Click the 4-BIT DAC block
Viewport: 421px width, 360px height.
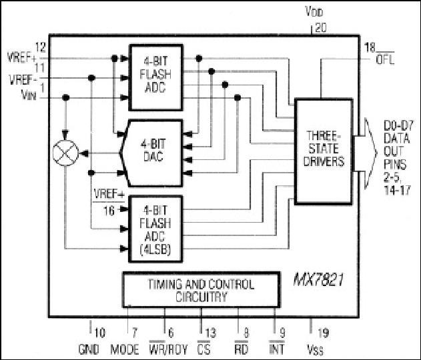pos(151,153)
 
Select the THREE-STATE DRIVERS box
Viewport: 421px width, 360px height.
pos(324,152)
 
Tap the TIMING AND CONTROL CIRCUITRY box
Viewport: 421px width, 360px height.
pos(201,290)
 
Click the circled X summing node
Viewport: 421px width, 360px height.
pos(65,153)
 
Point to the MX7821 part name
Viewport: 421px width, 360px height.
pos(319,280)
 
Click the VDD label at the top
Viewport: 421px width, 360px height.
pos(314,12)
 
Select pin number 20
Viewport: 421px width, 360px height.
pos(320,27)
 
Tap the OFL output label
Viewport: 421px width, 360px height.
pos(385,59)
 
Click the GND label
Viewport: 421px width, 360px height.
pos(89,349)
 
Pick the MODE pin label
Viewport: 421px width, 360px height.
pos(125,349)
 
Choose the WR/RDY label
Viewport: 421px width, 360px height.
pos(168,349)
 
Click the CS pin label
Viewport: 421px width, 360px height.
pos(204,349)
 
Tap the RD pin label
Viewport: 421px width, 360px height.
pos(241,349)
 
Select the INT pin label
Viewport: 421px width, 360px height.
pos(276,349)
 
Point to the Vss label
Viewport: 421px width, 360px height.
pos(315,349)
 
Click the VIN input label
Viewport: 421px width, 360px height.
pos(29,95)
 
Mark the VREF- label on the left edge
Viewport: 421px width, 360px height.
pos(23,80)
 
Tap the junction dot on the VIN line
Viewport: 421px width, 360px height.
pos(65,97)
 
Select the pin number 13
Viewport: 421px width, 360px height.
pos(211,333)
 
